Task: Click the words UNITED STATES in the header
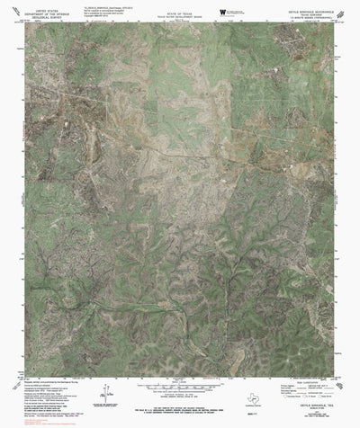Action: click(x=41, y=5)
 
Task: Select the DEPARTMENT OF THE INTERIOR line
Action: click(x=41, y=10)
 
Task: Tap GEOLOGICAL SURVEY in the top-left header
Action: click(x=41, y=14)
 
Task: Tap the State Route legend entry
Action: click(x=324, y=401)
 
